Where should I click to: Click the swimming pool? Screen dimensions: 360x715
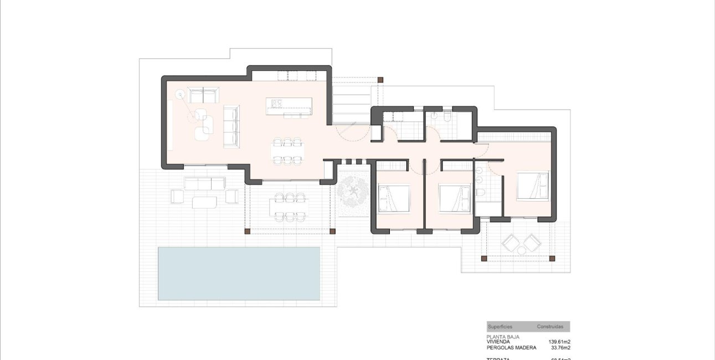(239, 273)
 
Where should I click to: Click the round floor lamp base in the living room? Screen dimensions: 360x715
(179, 95)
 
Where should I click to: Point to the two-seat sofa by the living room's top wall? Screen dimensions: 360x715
(202, 95)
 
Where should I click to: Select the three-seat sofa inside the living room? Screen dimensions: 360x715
(231, 126)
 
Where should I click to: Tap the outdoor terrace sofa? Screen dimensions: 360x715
(205, 184)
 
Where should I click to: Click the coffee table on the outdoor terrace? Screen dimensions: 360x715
(205, 203)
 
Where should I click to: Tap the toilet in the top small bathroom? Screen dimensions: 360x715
(446, 117)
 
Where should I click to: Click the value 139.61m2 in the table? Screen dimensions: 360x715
(559, 342)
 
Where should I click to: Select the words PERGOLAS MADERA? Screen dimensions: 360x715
(511, 348)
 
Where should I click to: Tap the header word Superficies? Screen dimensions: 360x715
(500, 327)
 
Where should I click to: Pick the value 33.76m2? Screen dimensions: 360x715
(560, 348)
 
